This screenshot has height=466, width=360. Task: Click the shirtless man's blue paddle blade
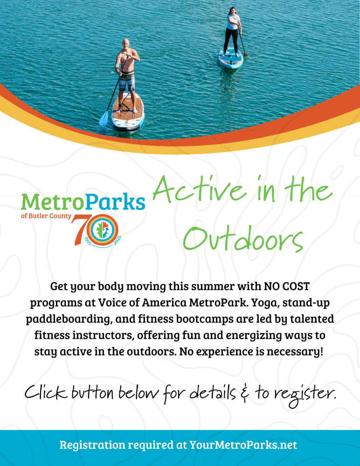[x=104, y=118]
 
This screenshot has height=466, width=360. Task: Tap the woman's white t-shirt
[x=234, y=22]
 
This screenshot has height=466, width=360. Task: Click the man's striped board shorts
[x=127, y=82]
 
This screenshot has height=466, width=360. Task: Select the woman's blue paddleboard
[x=230, y=58]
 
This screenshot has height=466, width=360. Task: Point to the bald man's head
[x=126, y=43]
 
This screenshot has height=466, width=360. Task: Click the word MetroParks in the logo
[x=83, y=202]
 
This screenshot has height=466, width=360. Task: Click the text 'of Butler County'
[x=46, y=216]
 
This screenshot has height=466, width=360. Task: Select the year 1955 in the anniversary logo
[x=88, y=241]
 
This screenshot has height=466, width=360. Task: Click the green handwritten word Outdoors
[x=243, y=239]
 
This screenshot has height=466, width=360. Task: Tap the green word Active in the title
[x=200, y=190]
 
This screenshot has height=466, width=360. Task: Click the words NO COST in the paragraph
[x=287, y=286]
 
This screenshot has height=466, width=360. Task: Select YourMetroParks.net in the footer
[x=243, y=445]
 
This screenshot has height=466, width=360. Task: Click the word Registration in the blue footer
[x=92, y=445]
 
